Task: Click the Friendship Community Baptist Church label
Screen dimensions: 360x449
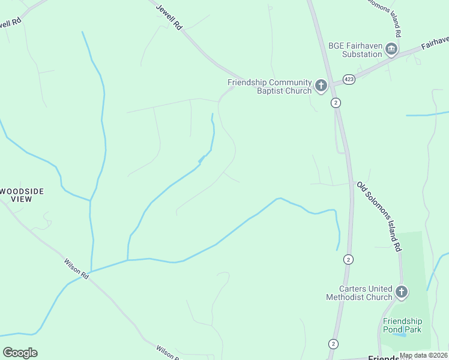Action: pos(270,86)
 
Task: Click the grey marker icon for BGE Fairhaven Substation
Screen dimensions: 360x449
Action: pos(391,49)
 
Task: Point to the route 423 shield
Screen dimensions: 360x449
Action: pos(348,79)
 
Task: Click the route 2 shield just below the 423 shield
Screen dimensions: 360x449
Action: pos(336,103)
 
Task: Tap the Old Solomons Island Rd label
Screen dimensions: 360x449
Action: pos(379,217)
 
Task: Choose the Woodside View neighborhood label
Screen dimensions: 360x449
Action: pos(22,194)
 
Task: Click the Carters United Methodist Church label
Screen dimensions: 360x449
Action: pos(359,293)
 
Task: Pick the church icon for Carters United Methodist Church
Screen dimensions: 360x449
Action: pos(402,292)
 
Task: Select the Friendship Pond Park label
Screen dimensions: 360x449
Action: pos(402,325)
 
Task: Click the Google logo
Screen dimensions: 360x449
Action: pos(20,352)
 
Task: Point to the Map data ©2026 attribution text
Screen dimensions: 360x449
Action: pos(424,355)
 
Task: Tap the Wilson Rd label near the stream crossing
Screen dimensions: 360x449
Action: pos(77,268)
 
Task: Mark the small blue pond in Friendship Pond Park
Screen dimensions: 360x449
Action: pos(400,334)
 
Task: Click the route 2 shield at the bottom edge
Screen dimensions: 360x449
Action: pos(333,344)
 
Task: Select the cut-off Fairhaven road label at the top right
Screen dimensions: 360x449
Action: pos(435,42)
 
